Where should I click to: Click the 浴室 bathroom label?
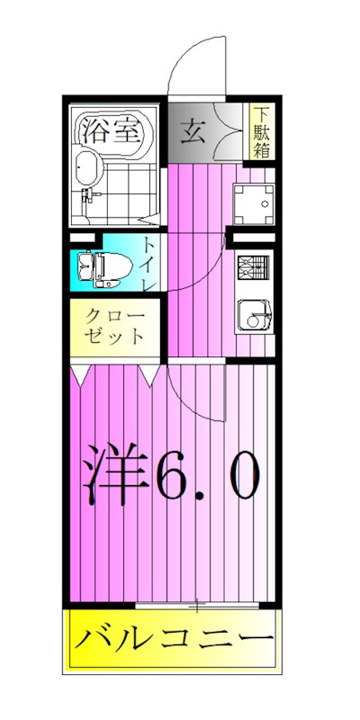pos(112,131)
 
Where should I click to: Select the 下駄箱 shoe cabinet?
pos(261,133)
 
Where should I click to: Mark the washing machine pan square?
pos(253,206)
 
